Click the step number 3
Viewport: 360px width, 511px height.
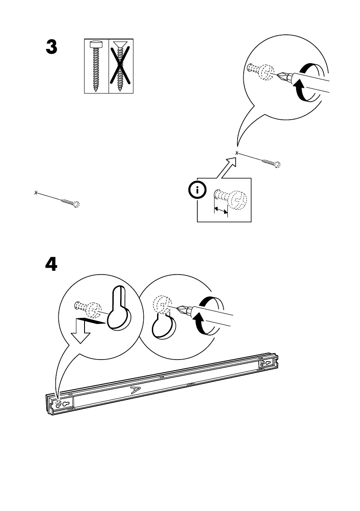tap(51, 48)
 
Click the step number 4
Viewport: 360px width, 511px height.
tap(51, 264)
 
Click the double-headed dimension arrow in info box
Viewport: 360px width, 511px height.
tap(221, 210)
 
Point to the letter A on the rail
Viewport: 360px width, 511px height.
tap(135, 390)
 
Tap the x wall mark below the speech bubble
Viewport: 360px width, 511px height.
tap(237, 153)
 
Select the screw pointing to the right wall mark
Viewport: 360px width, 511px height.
tap(270, 162)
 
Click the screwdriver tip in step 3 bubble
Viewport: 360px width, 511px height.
tap(281, 76)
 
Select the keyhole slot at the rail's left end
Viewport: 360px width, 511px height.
tap(65, 404)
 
